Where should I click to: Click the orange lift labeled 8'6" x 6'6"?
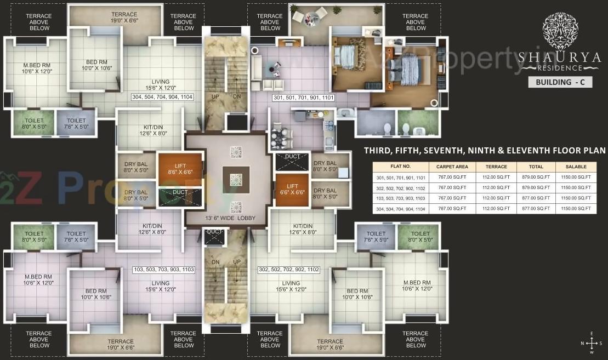(180, 169)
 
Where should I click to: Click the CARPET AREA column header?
(452, 167)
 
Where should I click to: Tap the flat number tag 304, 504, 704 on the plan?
(162, 98)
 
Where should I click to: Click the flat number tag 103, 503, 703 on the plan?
(164, 270)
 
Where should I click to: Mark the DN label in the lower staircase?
(216, 262)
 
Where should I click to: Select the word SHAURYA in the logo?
(560, 57)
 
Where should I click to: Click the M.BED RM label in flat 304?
(36, 68)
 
